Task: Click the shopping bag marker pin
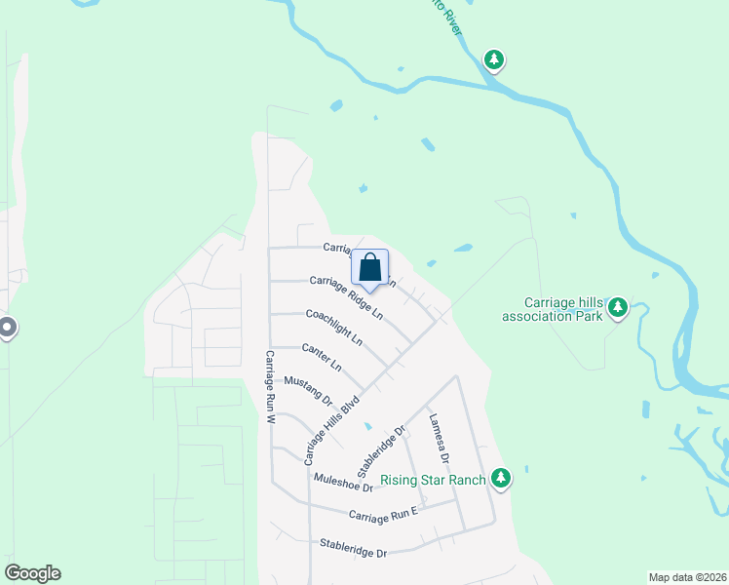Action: (370, 267)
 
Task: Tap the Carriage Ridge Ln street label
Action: (346, 297)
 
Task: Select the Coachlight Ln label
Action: (334, 328)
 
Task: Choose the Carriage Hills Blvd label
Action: (331, 428)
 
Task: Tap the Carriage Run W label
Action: (272, 386)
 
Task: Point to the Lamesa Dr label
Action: (439, 438)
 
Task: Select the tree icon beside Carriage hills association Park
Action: (618, 308)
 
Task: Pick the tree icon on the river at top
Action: (495, 60)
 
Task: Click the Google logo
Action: (32, 573)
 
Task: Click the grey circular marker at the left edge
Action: (6, 329)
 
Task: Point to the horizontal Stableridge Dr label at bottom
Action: (354, 547)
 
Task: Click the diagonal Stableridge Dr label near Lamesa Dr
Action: (380, 449)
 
